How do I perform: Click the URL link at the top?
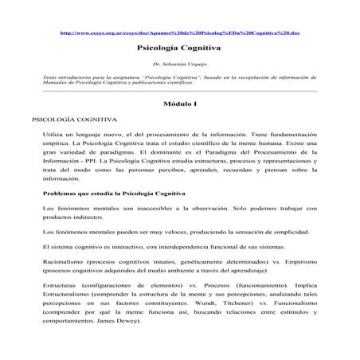[180, 33]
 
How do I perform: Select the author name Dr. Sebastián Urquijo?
[179, 64]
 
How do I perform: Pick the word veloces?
[167, 231]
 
